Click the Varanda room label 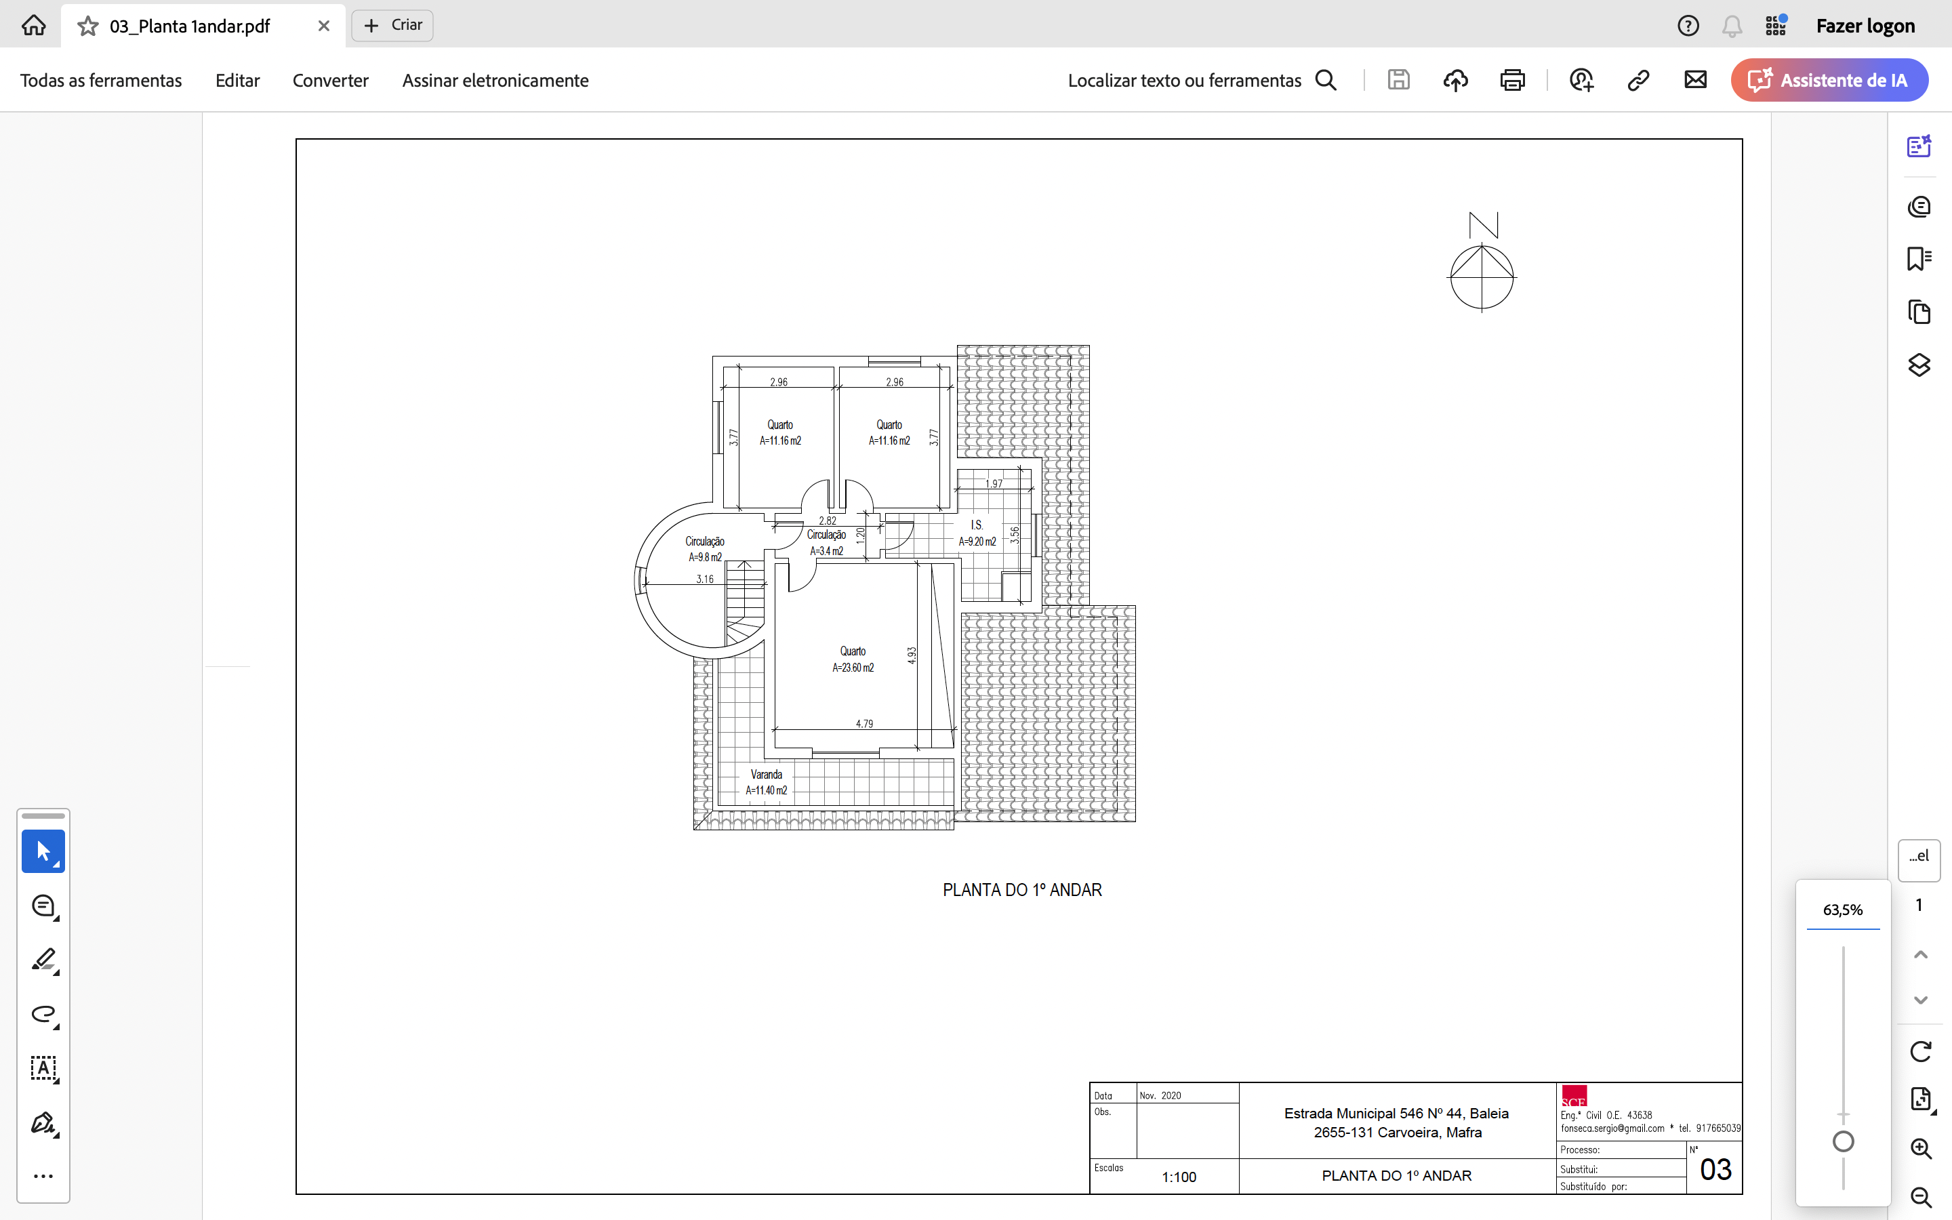(767, 775)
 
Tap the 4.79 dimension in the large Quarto (864, 724)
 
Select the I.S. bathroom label (977, 525)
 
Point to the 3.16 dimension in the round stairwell (705, 579)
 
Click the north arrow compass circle (1482, 245)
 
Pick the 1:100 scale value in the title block (1179, 1177)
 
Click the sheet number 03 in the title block (1715, 1170)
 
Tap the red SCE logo (1574, 1097)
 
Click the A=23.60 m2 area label (853, 668)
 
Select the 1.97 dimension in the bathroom (994, 484)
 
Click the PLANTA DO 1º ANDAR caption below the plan (1022, 890)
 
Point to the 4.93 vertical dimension (912, 655)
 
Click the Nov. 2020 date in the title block (1160, 1096)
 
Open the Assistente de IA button (1829, 80)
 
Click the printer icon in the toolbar (1512, 80)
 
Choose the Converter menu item (330, 81)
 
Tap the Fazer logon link (1865, 26)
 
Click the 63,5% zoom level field (1842, 910)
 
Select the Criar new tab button (393, 25)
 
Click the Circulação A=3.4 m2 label (827, 543)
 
